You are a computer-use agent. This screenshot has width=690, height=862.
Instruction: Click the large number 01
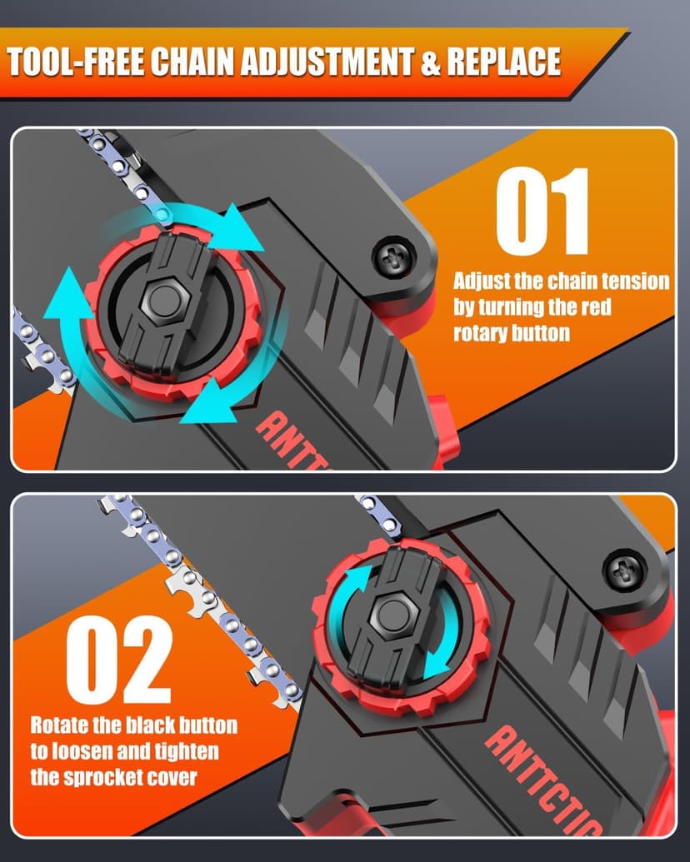click(x=542, y=211)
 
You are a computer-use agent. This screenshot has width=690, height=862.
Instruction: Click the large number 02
click(x=119, y=659)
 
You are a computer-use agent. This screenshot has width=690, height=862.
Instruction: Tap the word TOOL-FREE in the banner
click(x=76, y=61)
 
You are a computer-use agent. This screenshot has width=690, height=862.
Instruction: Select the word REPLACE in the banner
click(x=503, y=61)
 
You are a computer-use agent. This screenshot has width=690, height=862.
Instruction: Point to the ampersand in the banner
click(x=430, y=62)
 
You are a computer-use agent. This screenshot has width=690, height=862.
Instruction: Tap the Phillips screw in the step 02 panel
click(x=624, y=571)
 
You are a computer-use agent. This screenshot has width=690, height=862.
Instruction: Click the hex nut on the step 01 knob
click(x=164, y=300)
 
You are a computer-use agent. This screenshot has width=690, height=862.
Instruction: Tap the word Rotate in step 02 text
click(x=57, y=725)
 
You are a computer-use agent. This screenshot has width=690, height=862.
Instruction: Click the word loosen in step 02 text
click(x=82, y=751)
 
